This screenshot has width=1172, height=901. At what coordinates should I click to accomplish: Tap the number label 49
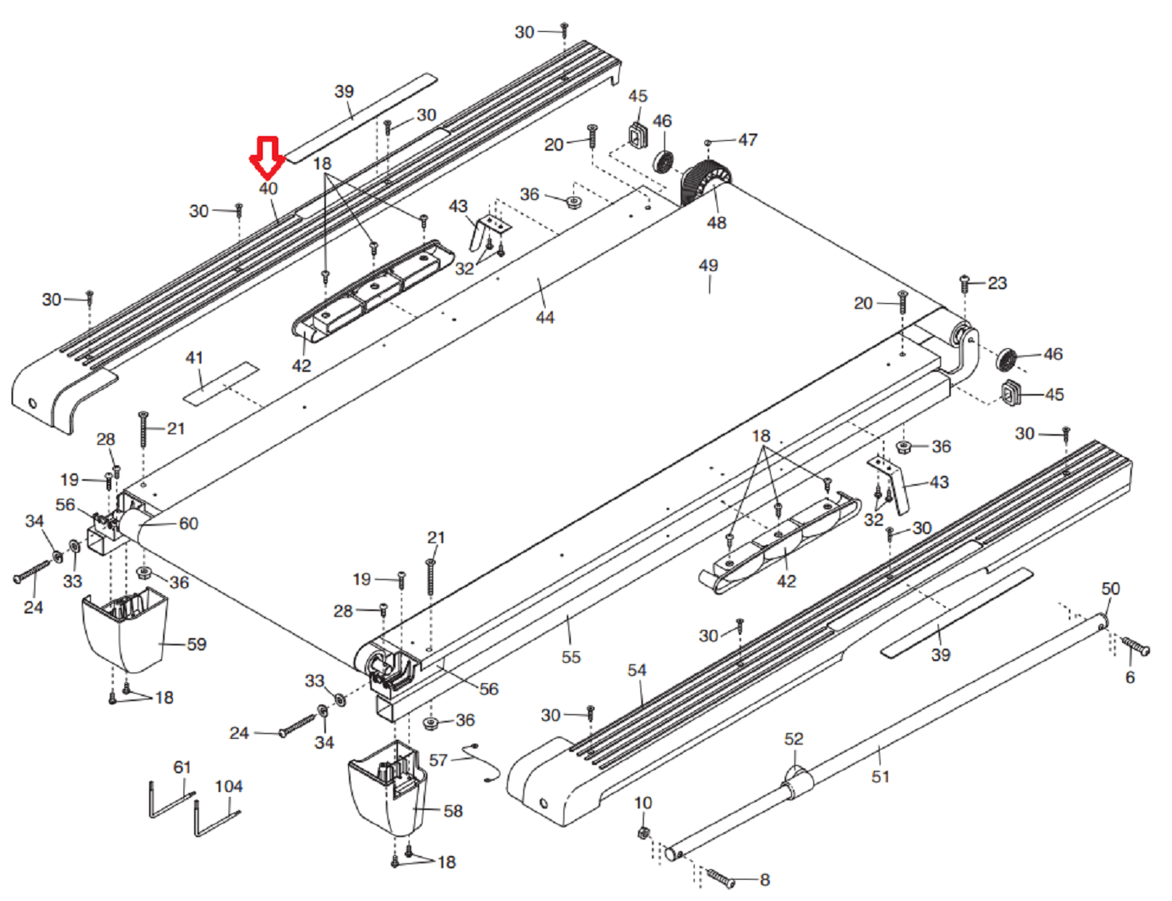[708, 265]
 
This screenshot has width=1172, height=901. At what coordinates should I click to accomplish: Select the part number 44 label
[545, 317]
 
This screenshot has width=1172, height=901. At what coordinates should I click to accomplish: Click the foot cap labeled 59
[124, 631]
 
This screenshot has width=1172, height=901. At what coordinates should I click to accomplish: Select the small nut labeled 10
[644, 833]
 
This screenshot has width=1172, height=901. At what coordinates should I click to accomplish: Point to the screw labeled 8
[721, 878]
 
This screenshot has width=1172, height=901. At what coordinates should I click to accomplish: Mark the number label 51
[880, 776]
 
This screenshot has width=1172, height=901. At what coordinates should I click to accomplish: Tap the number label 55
[571, 657]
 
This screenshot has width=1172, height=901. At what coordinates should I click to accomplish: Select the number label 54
[637, 670]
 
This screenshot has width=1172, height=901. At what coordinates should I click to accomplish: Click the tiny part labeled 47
[708, 143]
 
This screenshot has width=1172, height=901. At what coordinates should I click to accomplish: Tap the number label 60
[188, 523]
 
